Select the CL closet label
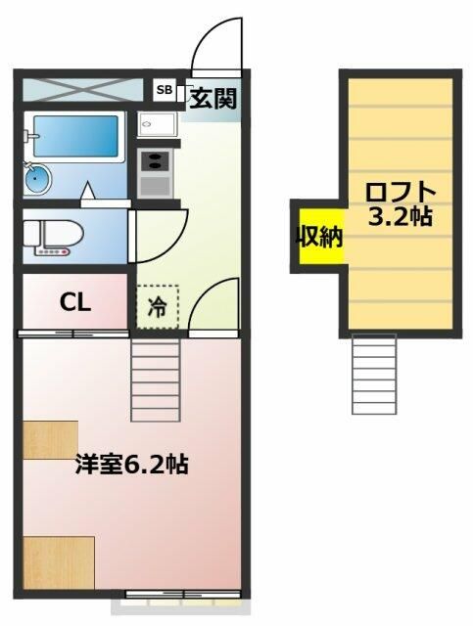coord(75,302)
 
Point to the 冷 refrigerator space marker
coord(158,305)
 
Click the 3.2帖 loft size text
coord(400,216)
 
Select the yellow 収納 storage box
coord(320,238)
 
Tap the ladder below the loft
coord(373,373)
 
